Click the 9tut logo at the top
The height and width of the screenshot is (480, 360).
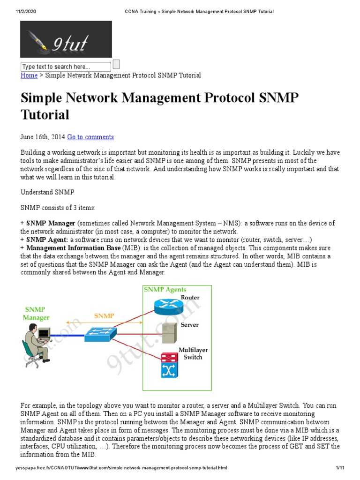tap(66, 39)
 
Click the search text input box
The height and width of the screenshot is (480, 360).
tap(66, 67)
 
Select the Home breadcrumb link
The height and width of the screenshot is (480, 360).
tap(29, 75)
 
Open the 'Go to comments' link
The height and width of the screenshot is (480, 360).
tap(90, 137)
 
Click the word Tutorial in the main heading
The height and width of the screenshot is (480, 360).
tap(45, 114)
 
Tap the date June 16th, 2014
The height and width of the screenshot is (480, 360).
tap(43, 137)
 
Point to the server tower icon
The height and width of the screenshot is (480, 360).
tap(169, 333)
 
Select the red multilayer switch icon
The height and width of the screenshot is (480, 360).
tap(167, 365)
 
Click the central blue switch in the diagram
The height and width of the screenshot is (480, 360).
tap(100, 334)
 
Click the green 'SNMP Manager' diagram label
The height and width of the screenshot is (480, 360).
tap(36, 313)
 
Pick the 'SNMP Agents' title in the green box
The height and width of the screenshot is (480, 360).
tap(165, 290)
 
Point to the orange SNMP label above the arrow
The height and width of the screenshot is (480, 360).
tap(104, 316)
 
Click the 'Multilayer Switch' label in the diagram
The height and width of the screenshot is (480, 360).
tap(193, 353)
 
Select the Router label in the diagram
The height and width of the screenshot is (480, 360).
tap(190, 298)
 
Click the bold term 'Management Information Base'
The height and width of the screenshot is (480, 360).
tap(74, 247)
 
